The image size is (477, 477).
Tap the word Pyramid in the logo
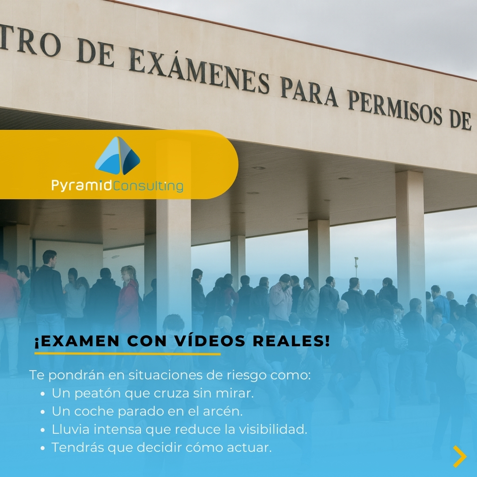click(82, 186)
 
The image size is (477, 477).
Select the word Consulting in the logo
click(148, 186)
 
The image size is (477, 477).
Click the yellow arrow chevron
click(459, 456)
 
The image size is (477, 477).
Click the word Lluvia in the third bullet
click(68, 429)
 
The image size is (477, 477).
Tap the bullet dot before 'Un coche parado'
click(42, 412)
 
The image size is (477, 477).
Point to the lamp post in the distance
click(356, 267)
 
